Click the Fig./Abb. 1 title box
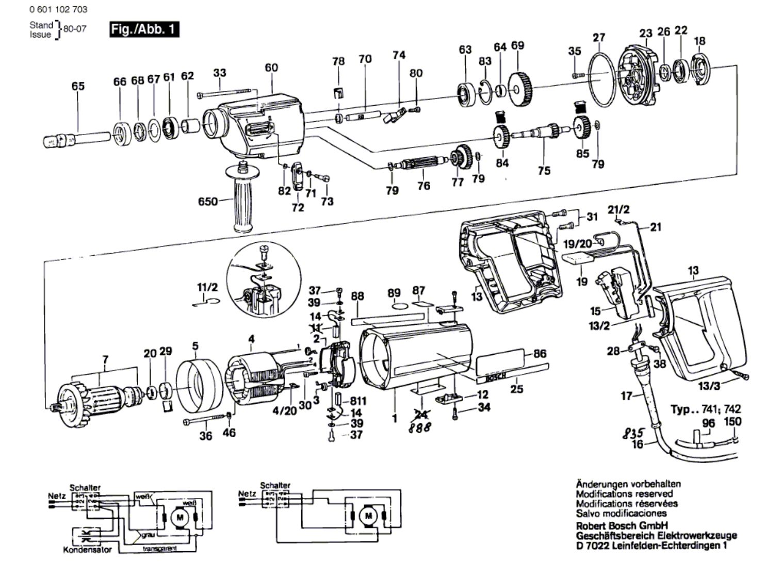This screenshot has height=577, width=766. (x=144, y=29)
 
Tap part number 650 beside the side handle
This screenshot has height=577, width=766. (x=208, y=201)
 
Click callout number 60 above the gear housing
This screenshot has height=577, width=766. (x=271, y=68)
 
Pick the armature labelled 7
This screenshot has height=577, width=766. (x=98, y=396)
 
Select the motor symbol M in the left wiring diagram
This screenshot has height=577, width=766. (x=180, y=516)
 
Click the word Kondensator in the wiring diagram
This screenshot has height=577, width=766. (x=87, y=550)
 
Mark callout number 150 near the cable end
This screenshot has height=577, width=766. (x=732, y=422)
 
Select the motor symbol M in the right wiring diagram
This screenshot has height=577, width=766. (x=368, y=515)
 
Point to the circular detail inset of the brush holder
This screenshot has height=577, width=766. (x=264, y=278)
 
